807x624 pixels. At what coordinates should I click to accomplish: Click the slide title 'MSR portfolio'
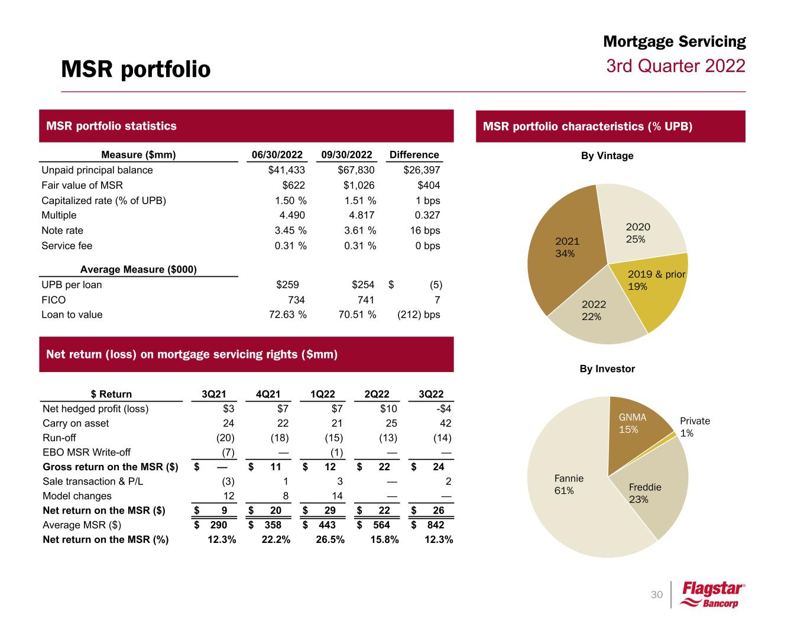point(135,70)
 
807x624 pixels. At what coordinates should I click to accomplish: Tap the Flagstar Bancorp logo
point(713,594)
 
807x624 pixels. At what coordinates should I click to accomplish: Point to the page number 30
point(656,594)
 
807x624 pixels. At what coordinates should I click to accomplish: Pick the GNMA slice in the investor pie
point(636,429)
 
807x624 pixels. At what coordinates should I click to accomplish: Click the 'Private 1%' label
point(695,426)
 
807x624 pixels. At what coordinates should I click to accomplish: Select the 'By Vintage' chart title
point(606,156)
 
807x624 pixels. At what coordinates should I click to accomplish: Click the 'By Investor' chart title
point(607,368)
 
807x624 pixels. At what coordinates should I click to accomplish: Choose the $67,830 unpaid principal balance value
point(352,170)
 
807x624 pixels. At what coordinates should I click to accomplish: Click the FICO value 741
point(366,300)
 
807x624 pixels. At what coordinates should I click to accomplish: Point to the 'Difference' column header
point(414,155)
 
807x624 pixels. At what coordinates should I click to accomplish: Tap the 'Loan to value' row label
point(72,315)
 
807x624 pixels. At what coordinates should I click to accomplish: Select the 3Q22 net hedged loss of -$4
point(442,409)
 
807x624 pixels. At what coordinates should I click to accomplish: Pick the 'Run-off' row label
point(59,438)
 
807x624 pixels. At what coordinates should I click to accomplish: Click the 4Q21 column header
point(268,395)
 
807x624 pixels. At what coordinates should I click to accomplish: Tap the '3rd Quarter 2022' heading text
point(676,66)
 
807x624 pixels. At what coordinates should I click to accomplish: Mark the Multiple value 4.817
point(360,215)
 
